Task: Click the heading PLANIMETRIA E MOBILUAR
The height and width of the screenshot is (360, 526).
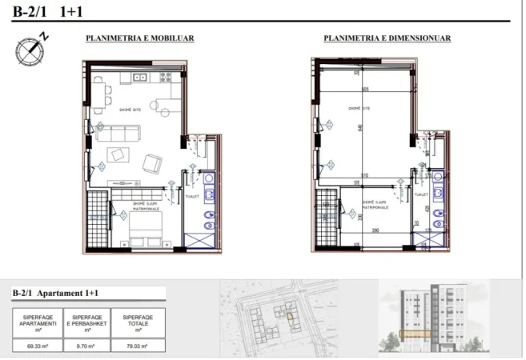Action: point(140,38)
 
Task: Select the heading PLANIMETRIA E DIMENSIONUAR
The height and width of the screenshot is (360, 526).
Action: point(387,38)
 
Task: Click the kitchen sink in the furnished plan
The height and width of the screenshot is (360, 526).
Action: point(139,78)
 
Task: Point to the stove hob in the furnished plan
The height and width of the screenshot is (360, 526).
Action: point(167,78)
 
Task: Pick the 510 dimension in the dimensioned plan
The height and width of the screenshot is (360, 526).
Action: point(364,174)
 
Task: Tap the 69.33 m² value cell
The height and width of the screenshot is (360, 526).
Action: point(34,346)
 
